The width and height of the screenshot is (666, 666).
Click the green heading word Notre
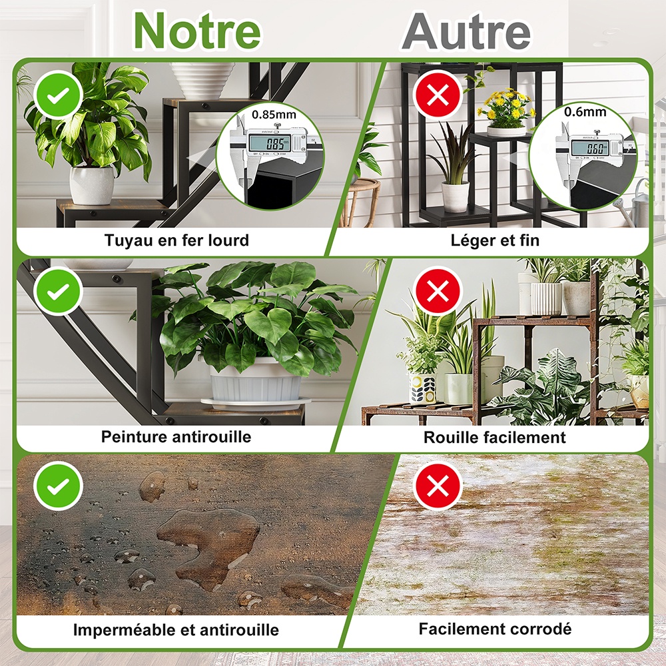197,31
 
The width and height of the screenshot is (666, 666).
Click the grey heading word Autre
466,31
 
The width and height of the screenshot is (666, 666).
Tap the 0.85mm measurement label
274,115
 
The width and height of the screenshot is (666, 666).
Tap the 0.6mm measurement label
585,112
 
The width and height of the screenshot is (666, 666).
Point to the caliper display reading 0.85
276,144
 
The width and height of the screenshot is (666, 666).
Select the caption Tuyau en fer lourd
176,240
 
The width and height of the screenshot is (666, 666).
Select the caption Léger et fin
495,240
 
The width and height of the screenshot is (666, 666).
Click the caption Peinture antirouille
176,437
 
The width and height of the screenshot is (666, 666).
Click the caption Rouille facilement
494,438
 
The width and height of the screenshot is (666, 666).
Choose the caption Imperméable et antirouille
176,629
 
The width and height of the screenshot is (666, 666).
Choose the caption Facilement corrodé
495,629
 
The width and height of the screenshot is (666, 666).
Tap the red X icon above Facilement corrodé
438,485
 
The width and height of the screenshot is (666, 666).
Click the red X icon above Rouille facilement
438,290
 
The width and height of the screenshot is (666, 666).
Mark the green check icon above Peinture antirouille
58,291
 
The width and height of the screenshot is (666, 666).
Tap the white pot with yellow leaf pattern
423,388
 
